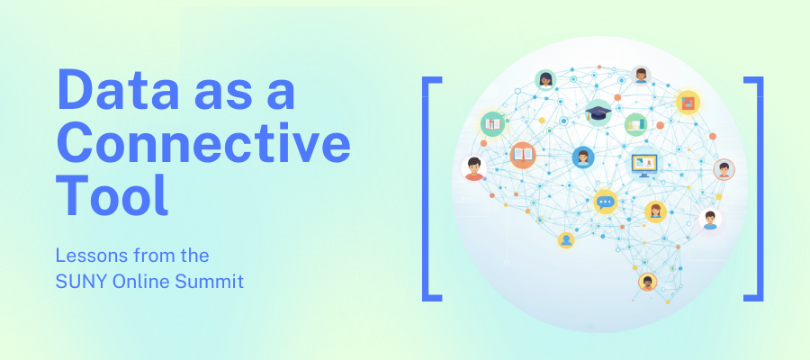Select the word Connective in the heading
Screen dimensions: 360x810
point(203,144)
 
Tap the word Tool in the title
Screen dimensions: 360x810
point(112,194)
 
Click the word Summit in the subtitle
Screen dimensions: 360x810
point(211,282)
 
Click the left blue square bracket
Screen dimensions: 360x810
point(431,188)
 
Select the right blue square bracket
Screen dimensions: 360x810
point(753,188)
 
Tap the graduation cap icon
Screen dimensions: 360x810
point(598,112)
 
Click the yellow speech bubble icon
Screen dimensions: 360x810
point(605,202)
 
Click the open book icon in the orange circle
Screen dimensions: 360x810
point(523,156)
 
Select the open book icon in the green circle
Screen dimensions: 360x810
point(491,122)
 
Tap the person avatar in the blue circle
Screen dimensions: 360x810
point(583,157)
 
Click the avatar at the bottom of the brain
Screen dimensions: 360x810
point(647,283)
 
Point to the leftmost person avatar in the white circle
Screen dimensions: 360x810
point(473,167)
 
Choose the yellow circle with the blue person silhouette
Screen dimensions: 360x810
point(565,240)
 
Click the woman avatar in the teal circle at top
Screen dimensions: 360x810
point(545,80)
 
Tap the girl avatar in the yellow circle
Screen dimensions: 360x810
point(655,211)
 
